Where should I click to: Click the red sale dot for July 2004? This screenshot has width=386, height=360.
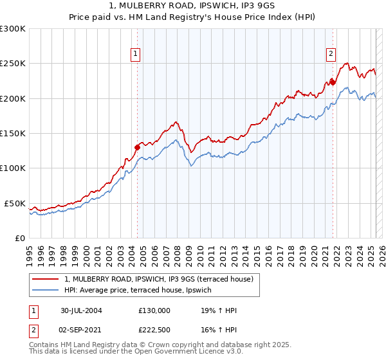point(137,147)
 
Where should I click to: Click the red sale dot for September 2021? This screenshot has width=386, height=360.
point(333,82)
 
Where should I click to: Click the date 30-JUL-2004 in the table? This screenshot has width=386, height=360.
point(81,310)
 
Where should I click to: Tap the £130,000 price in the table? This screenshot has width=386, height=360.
point(154,310)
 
